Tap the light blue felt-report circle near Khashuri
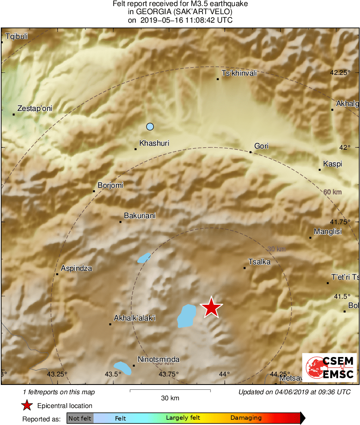coord(150,127)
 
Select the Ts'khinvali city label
coord(239,74)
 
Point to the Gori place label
coord(261,146)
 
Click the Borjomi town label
coord(110,185)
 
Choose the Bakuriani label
coord(140,216)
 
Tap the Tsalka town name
coord(259,262)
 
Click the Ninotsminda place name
coord(158,359)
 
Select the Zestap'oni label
coord(35,108)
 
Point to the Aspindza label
coord(76,268)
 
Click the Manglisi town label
coord(328,232)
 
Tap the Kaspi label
coord(332,164)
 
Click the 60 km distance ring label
coord(332,192)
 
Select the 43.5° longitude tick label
coord(113,374)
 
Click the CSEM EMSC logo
coord(330,368)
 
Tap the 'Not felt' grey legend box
coord(80,418)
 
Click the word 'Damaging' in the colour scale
coord(246,418)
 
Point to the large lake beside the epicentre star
coord(186,316)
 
